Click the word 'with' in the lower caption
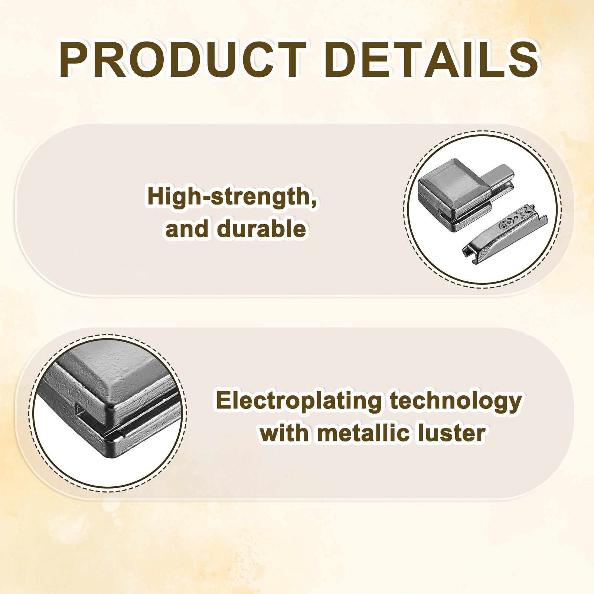click(284, 433)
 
